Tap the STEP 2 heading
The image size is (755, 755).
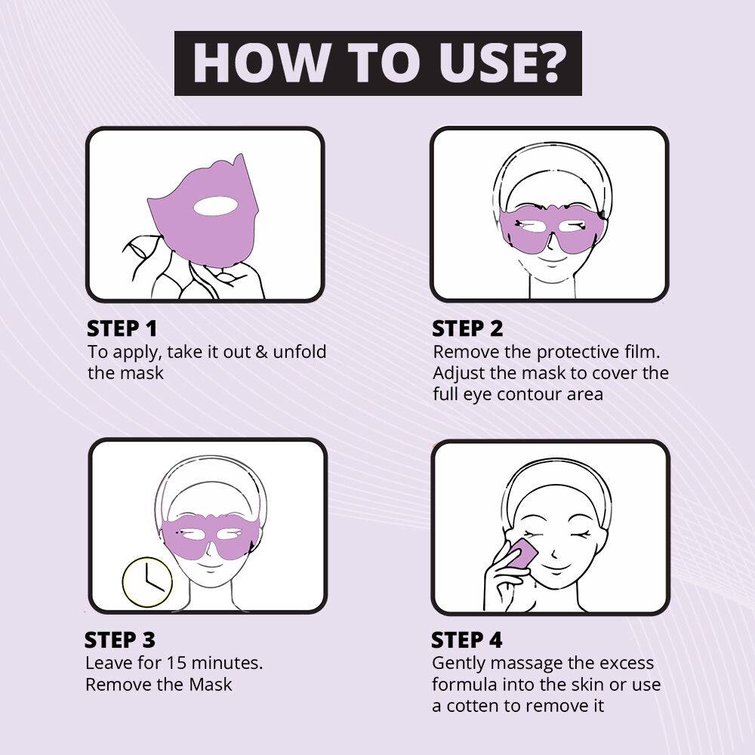pyautogui.click(x=467, y=328)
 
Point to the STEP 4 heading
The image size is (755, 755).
pyautogui.click(x=466, y=640)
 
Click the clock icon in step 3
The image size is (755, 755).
pyautogui.click(x=147, y=582)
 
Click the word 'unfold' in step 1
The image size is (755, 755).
pyautogui.click(x=301, y=352)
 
